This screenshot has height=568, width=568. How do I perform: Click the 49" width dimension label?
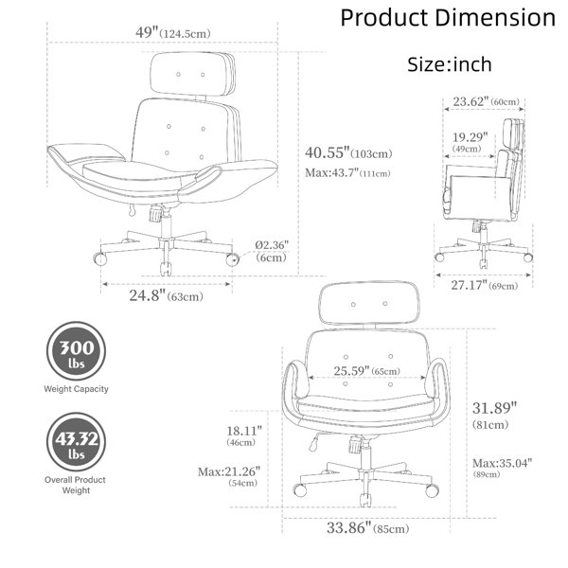(x=173, y=33)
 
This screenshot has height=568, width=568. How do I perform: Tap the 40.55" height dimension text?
(x=348, y=152)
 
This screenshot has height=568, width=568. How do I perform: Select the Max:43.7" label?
(x=347, y=173)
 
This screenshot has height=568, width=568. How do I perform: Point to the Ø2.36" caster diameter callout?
(x=272, y=251)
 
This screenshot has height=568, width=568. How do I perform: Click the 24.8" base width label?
(x=167, y=296)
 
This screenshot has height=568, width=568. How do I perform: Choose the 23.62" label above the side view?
(x=487, y=101)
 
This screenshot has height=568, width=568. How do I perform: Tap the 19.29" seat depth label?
(x=470, y=142)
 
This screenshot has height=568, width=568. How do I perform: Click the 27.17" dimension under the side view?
(x=485, y=286)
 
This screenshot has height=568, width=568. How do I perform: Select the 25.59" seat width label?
(x=367, y=371)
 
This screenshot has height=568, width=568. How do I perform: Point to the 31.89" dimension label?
(x=494, y=416)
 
